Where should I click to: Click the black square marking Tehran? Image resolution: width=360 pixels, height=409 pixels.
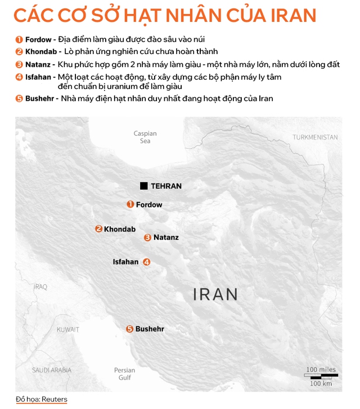(144, 186)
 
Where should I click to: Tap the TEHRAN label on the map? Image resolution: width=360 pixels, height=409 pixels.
(166, 186)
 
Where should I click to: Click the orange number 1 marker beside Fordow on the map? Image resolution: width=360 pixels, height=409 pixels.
(130, 204)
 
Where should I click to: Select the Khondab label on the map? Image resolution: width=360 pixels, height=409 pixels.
(120, 229)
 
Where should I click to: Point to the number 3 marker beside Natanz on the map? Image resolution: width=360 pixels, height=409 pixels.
(147, 237)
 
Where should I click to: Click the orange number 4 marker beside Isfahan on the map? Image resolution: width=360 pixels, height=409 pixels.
(147, 262)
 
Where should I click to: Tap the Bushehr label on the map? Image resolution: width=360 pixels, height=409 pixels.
(150, 329)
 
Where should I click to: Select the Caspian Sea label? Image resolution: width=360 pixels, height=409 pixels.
(145, 137)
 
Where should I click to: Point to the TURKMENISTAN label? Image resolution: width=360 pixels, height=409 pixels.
(315, 137)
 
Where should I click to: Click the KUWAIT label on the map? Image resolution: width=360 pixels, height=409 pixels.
(67, 330)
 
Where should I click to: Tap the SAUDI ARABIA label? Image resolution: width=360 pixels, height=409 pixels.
(52, 370)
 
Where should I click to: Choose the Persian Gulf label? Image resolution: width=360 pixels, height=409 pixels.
(124, 374)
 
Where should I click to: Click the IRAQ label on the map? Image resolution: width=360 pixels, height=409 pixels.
(40, 287)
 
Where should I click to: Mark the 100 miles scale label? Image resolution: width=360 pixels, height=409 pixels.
(321, 370)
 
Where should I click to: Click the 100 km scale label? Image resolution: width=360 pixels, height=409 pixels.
(321, 383)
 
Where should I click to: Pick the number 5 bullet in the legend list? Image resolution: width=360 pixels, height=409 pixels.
(19, 98)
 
